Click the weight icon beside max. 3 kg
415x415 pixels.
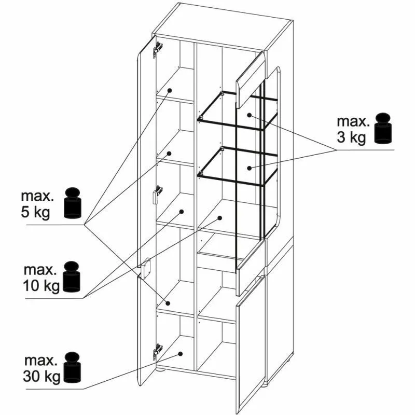tap(383, 128)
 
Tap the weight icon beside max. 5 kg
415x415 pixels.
tap(73, 203)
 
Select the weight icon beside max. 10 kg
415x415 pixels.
tap(72, 276)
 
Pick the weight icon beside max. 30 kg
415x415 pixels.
tap(73, 367)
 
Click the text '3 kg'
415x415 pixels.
tap(352, 138)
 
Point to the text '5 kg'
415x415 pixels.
tap(35, 212)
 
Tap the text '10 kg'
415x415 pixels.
tap(41, 286)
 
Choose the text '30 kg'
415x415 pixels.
tap(42, 377)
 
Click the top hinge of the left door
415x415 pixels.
tap(158, 49)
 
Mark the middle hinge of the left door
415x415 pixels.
tap(157, 194)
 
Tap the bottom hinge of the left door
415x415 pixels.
tap(157, 352)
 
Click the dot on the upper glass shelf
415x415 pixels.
tap(250, 115)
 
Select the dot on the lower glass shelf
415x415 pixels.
tap(249, 168)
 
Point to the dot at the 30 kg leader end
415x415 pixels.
tap(180, 354)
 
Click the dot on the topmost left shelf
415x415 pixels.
tap(170, 90)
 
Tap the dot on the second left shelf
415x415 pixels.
tap(170, 153)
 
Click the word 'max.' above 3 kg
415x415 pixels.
tap(353, 121)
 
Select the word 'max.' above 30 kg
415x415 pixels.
tap(41, 360)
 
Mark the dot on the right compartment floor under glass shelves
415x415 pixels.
tap(219, 218)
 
